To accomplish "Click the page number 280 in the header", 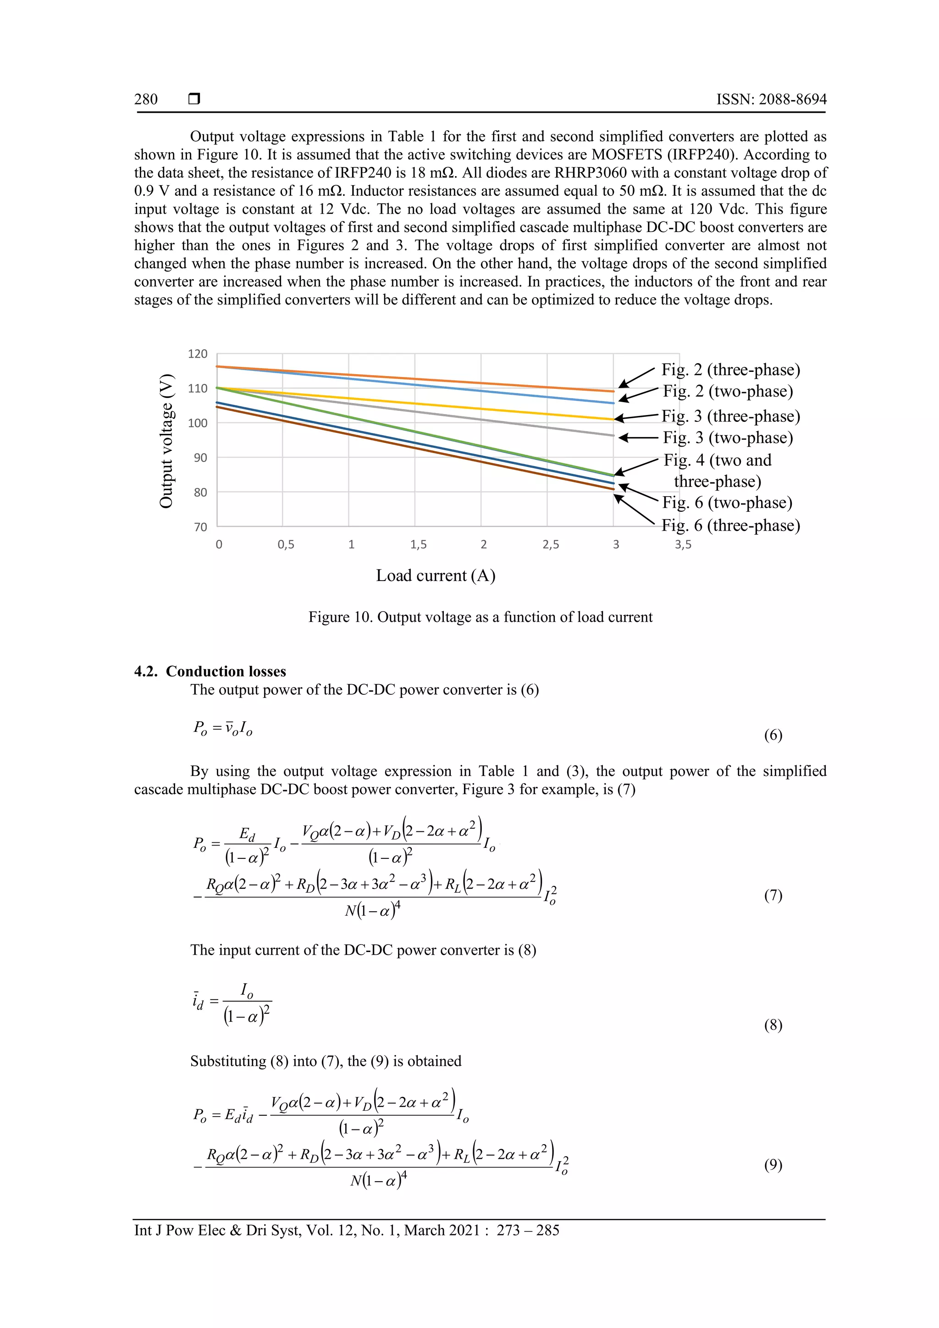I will (x=146, y=100).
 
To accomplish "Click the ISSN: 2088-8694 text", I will (x=771, y=100).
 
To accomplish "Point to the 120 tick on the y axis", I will (x=197, y=354).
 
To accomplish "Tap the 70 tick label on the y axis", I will (x=200, y=527).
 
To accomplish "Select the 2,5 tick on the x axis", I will (x=551, y=544).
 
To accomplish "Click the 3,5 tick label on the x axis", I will (x=683, y=544).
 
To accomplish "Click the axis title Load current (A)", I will (x=436, y=575).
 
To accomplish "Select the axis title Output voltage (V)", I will (x=166, y=441).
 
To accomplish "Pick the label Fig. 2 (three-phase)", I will (x=730, y=370).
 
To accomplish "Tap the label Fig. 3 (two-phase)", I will (x=727, y=437).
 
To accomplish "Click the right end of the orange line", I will (x=613, y=392).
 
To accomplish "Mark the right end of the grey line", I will (x=613, y=436).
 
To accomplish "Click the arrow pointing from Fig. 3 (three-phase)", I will (x=636, y=417).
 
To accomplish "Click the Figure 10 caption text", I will (x=480, y=617).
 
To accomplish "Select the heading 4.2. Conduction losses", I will (x=210, y=671).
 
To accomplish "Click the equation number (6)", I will (x=773, y=735).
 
